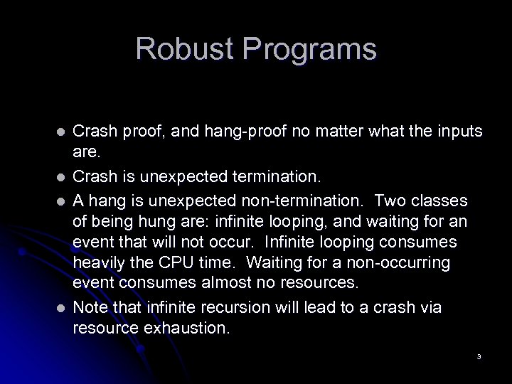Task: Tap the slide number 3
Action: tap(479, 356)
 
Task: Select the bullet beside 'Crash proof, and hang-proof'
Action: tap(61, 132)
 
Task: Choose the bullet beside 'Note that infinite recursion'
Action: tap(61, 308)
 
